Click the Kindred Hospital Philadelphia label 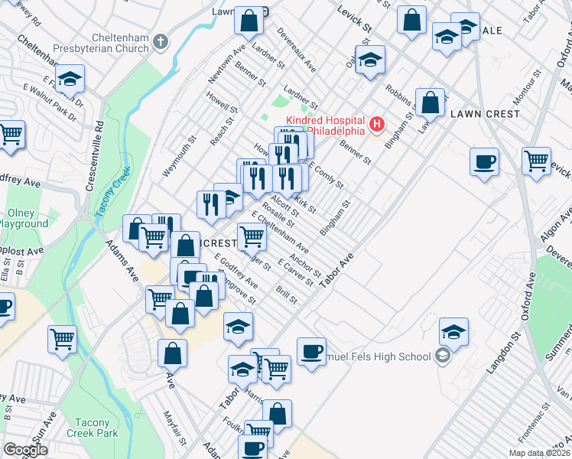[325, 125]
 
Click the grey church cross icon [161, 41]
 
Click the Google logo [24, 450]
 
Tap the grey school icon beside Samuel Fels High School [442, 355]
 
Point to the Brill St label [288, 294]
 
